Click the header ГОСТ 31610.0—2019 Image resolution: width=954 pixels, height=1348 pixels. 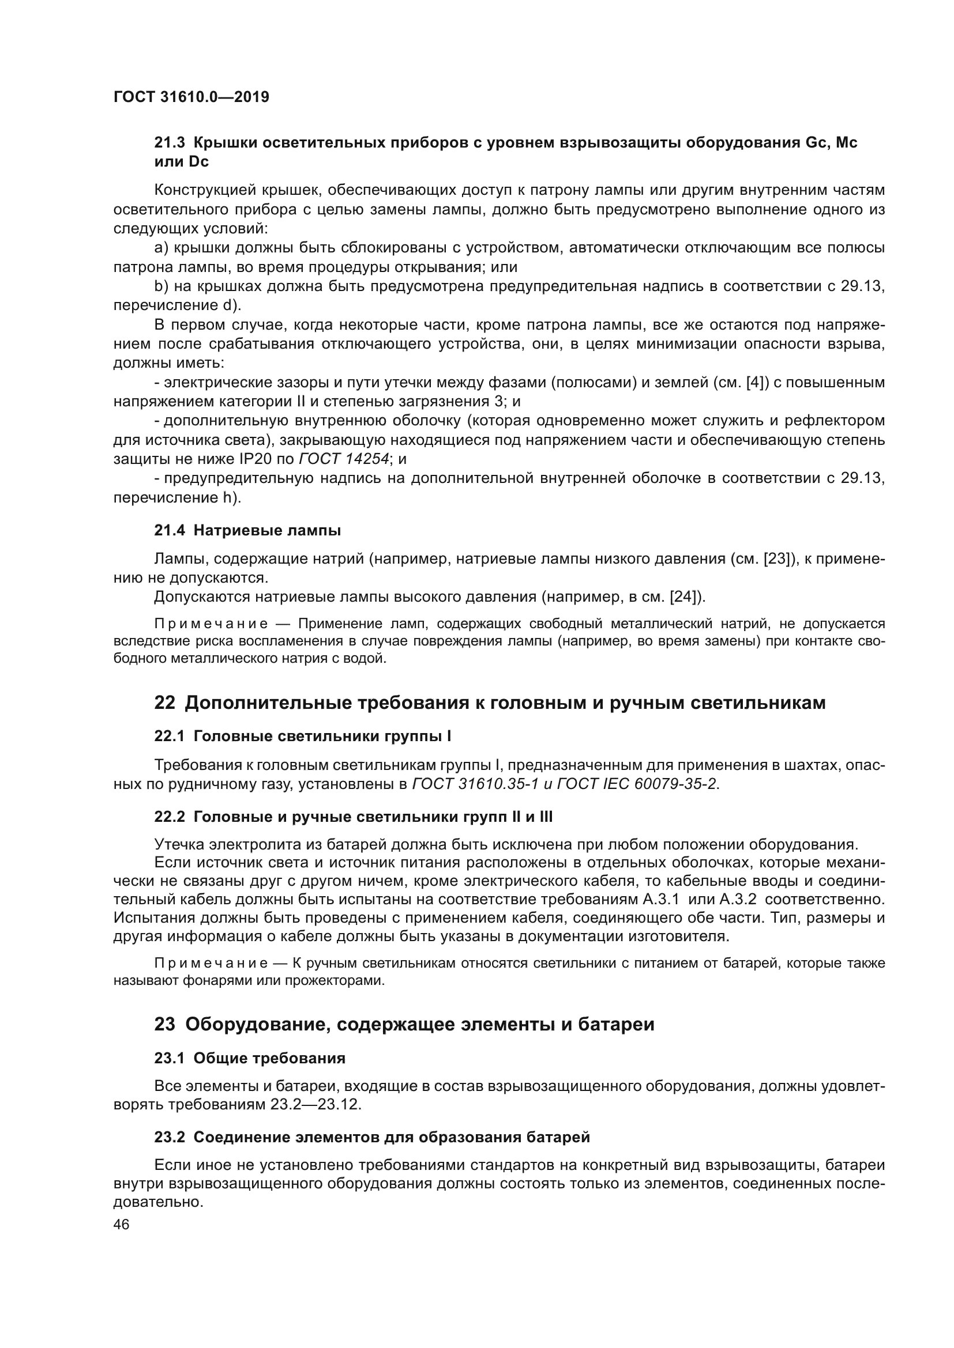(191, 97)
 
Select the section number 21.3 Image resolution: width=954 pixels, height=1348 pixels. (169, 143)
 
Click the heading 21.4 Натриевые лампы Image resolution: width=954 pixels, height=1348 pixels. (247, 530)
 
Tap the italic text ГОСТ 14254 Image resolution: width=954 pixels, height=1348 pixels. (344, 459)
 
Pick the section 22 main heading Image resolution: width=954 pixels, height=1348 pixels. (489, 703)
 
